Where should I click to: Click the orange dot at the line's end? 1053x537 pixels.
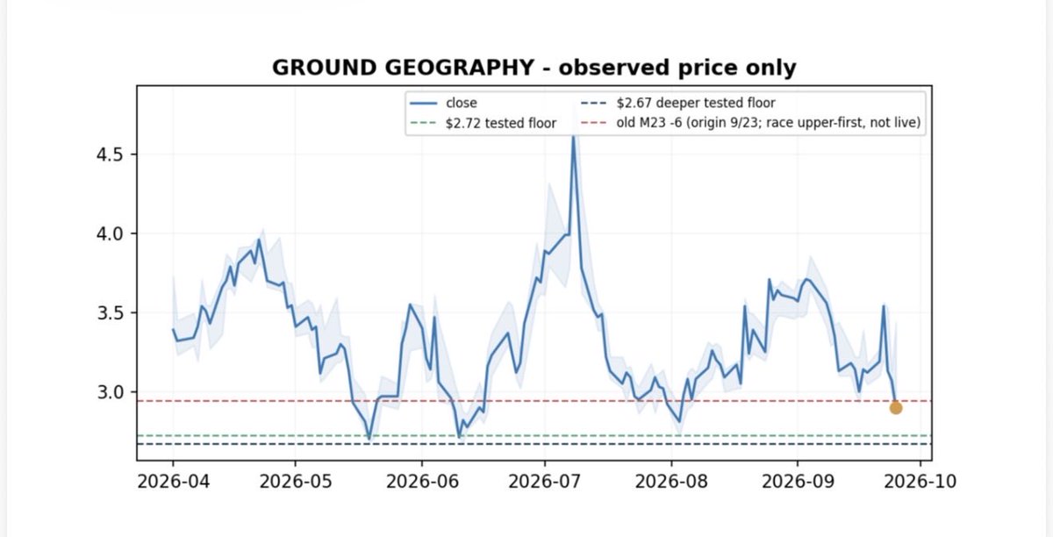896,408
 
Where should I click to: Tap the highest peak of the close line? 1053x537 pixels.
573,137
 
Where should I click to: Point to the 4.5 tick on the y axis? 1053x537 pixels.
110,154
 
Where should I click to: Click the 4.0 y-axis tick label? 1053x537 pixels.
110,233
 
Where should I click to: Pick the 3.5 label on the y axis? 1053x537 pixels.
110,312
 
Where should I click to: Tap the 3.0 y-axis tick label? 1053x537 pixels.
110,391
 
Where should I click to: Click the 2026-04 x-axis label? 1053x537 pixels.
173,482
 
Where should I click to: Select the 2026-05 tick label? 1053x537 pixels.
296,482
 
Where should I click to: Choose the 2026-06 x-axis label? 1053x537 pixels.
422,482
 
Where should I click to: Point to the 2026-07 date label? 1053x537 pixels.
545,482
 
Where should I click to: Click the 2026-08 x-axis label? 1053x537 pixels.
671,482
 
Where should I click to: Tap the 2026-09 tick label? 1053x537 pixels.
798,482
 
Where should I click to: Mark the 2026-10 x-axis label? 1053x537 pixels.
920,482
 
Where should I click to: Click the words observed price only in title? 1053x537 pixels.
677,68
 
